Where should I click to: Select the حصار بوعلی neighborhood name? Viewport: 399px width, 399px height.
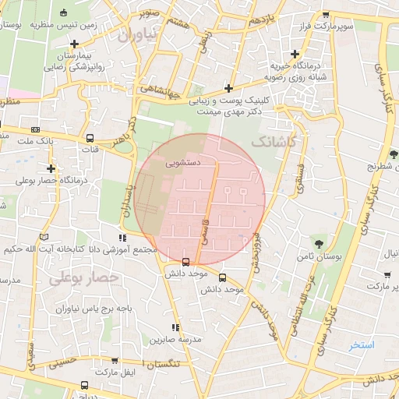pyautogui.click(x=83, y=277)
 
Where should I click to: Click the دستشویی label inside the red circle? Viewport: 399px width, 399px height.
pyautogui.click(x=182, y=164)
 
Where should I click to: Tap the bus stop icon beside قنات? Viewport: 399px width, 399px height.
pyautogui.click(x=91, y=138)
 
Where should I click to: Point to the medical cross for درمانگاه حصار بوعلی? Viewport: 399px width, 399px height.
pyautogui.click(x=51, y=168)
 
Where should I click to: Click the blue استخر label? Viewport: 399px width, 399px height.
pyautogui.click(x=362, y=344)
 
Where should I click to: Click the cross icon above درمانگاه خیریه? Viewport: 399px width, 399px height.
pyautogui.click(x=294, y=55)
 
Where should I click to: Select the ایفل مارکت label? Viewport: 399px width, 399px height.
pyautogui.click(x=117, y=384)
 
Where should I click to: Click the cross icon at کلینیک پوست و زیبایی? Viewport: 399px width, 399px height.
pyautogui.click(x=228, y=88)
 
